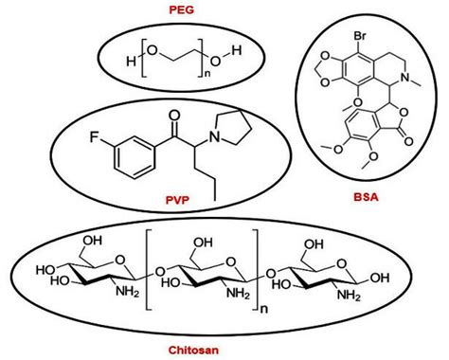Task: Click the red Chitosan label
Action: [x=224, y=348]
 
